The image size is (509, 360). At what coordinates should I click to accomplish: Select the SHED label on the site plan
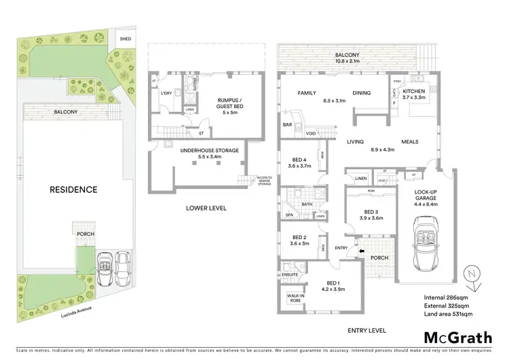pos(126,39)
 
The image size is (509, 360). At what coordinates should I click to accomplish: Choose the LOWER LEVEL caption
pos(206,208)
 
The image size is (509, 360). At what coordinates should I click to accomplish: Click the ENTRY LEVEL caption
pos(366,330)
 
